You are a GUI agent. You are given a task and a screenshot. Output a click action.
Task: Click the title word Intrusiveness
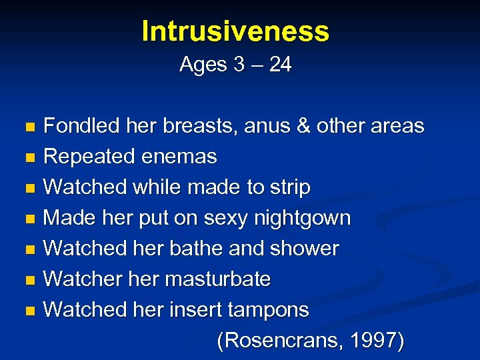click(x=235, y=31)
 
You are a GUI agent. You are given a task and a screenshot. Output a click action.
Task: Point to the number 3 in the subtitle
click(x=239, y=65)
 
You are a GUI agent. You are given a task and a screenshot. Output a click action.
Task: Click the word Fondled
click(x=79, y=125)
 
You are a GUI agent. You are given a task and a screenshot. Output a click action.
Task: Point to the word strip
click(x=289, y=187)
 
